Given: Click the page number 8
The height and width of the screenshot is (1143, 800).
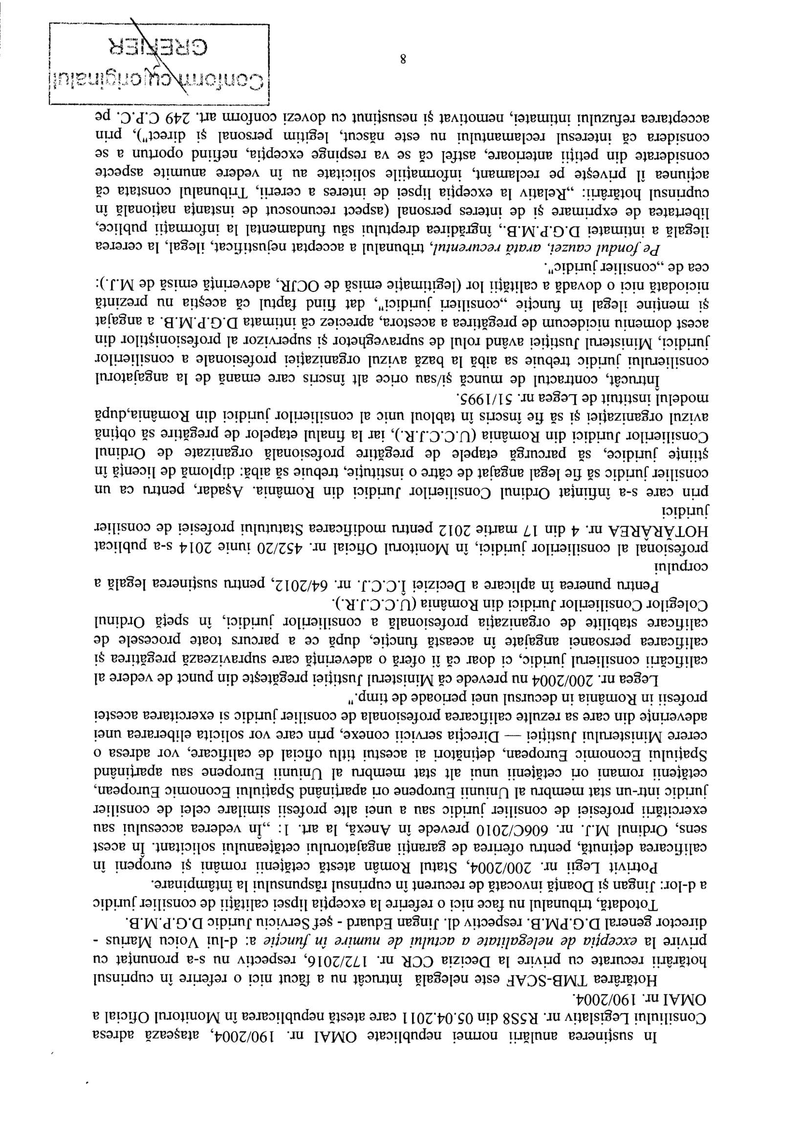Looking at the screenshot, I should (x=402, y=60).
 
